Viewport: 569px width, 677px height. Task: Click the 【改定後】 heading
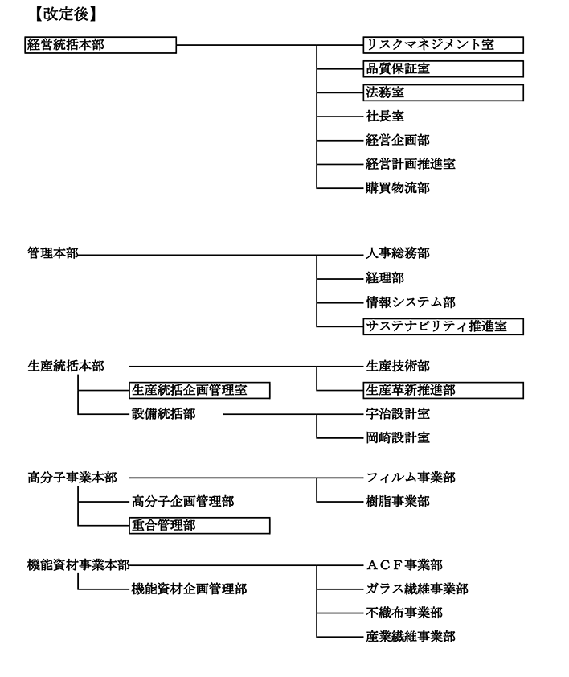point(66,14)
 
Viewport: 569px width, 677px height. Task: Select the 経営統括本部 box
point(100,45)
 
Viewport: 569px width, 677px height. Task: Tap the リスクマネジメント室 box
point(444,45)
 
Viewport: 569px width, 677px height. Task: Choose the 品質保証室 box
point(444,68)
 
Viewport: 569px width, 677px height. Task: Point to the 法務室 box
point(444,92)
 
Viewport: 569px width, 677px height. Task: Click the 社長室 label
point(385,116)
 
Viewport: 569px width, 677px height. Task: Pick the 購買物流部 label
point(398,188)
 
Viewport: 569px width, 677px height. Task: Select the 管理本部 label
point(53,253)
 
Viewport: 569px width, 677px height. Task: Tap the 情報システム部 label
point(411,302)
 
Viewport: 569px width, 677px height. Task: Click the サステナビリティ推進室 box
point(444,326)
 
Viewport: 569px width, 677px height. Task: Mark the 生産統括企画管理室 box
point(199,390)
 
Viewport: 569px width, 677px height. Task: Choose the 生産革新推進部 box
point(444,390)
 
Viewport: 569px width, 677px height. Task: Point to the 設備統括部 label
point(164,414)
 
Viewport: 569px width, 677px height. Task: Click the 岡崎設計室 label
point(398,438)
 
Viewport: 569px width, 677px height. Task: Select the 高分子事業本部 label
point(72,478)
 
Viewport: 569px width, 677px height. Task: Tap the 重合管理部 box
point(199,526)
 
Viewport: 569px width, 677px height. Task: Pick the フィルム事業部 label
point(411,478)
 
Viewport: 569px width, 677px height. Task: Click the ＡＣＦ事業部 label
point(404,564)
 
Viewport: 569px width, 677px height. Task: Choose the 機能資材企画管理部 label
point(189,589)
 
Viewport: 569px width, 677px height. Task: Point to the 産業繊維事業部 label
point(411,637)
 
